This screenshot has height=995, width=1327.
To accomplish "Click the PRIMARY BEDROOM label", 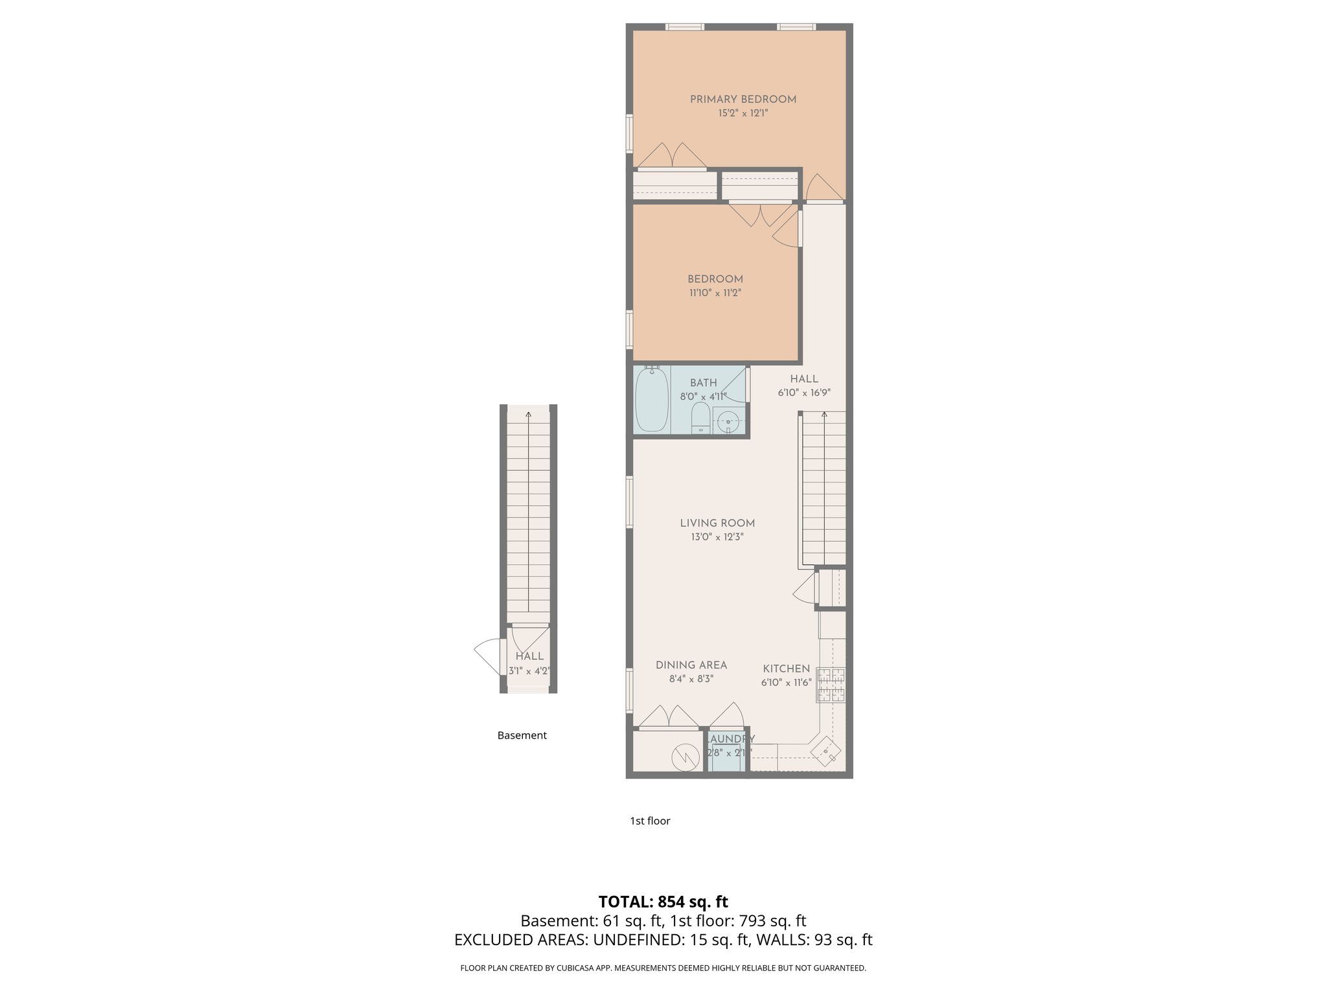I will pyautogui.click(x=743, y=99).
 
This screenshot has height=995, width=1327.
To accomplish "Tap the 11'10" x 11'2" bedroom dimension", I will pyautogui.click(x=715, y=293).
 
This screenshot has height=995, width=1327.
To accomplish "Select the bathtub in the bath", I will pyautogui.click(x=651, y=400).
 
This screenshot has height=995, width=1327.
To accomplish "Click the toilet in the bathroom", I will pyautogui.click(x=700, y=418).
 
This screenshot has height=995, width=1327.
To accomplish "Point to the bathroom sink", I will pyautogui.click(x=729, y=421).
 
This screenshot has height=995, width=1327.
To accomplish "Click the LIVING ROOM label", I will pyautogui.click(x=717, y=523).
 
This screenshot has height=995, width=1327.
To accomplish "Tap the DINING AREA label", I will pyautogui.click(x=691, y=665).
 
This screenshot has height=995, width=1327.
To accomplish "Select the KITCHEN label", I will pyautogui.click(x=786, y=669).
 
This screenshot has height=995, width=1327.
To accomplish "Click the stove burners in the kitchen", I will pyautogui.click(x=831, y=685).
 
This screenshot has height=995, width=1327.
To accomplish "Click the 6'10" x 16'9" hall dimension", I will pyautogui.click(x=803, y=393).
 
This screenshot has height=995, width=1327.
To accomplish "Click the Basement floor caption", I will pyautogui.click(x=522, y=735).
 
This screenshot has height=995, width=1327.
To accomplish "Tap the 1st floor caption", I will pyautogui.click(x=650, y=821).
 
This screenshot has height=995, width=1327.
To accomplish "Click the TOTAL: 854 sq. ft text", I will pyautogui.click(x=663, y=902).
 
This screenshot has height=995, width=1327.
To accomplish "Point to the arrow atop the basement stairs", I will pyautogui.click(x=528, y=415).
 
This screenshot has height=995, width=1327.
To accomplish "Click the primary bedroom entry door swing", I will pyautogui.click(x=824, y=188).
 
